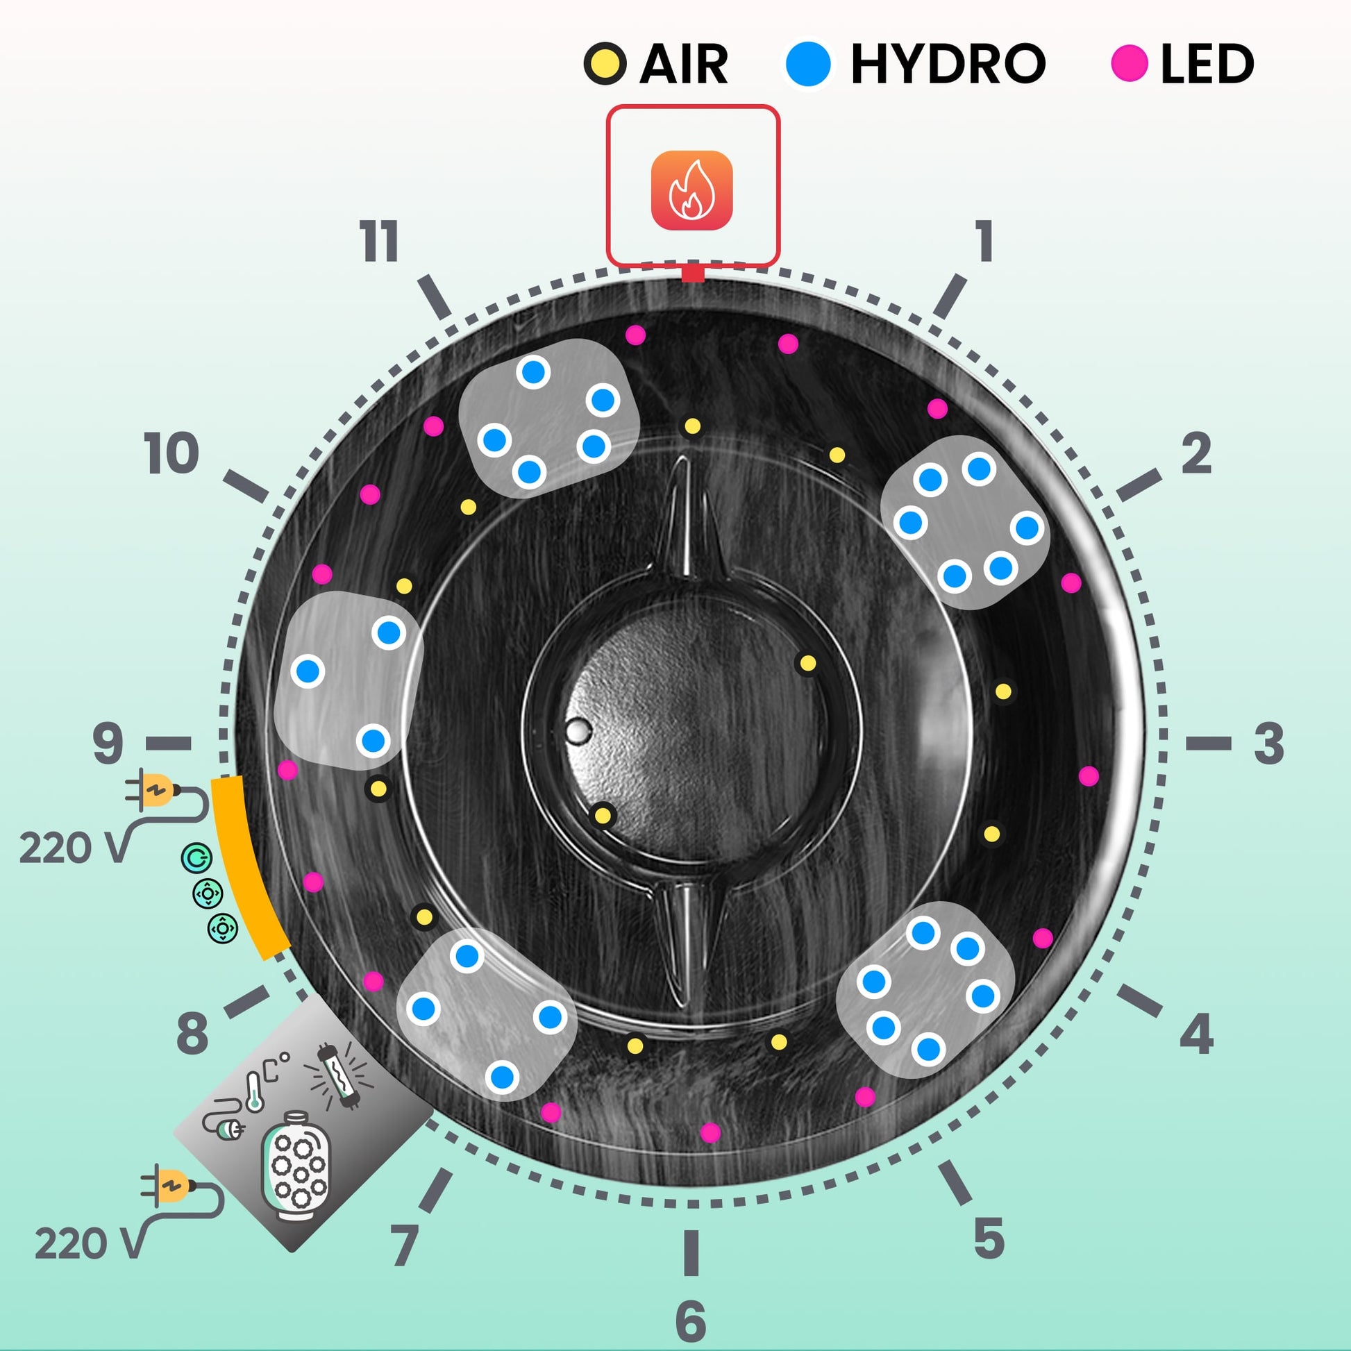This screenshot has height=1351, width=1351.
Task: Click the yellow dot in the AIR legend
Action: pyautogui.click(x=604, y=64)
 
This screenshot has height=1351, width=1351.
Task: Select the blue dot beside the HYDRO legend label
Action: pyautogui.click(x=807, y=63)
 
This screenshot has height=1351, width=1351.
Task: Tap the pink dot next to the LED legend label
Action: pyautogui.click(x=1130, y=64)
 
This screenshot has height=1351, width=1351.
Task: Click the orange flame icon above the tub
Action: pyautogui.click(x=691, y=190)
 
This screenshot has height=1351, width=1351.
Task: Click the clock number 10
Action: pyautogui.click(x=171, y=453)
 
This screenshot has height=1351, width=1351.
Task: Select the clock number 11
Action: pyautogui.click(x=379, y=242)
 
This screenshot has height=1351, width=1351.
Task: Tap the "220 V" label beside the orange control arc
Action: pyautogui.click(x=74, y=848)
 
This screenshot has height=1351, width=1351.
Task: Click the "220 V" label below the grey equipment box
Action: pyautogui.click(x=90, y=1244)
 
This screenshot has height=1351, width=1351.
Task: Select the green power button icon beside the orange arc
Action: pyautogui.click(x=196, y=858)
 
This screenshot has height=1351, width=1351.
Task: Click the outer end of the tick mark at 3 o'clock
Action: pyautogui.click(x=1232, y=744)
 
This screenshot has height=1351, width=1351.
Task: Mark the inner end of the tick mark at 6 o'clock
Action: pyautogui.click(x=691, y=1231)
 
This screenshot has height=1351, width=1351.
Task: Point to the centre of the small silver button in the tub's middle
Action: pyautogui.click(x=578, y=732)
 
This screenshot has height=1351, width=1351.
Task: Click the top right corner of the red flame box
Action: pyautogui.click(x=779, y=106)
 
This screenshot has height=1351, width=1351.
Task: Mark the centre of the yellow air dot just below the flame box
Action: pyautogui.click(x=692, y=426)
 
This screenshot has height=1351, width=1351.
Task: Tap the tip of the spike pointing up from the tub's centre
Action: pyautogui.click(x=684, y=458)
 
